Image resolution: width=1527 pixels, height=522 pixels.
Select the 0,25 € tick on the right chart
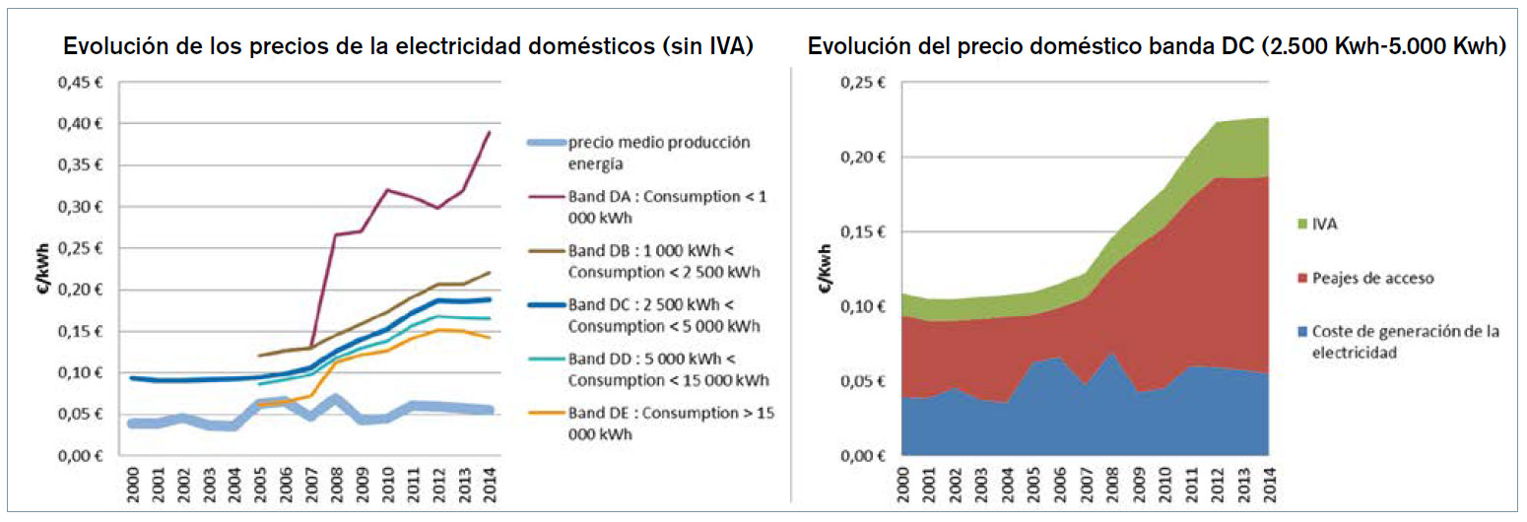864,83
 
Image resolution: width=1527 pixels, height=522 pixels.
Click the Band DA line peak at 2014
490,132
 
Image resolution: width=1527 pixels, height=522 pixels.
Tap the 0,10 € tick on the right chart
864,306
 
